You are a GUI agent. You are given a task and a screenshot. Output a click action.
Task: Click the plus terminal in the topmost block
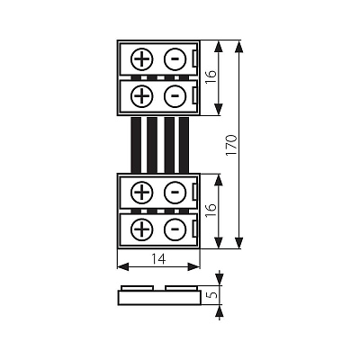(x=142, y=59)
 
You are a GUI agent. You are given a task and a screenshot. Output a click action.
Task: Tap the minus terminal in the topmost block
(x=175, y=59)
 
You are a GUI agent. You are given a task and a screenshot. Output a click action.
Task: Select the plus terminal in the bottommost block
(x=142, y=229)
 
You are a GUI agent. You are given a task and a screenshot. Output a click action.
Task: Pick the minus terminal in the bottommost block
(x=175, y=229)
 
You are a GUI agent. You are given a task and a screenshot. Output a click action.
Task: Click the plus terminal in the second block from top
(x=142, y=96)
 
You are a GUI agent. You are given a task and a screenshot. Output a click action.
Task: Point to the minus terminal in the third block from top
(x=175, y=193)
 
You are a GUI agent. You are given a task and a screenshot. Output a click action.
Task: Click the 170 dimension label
(x=231, y=145)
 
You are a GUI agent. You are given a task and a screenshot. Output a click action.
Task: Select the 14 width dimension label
(x=158, y=259)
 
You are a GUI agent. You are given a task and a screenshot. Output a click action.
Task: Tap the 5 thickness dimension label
(x=212, y=294)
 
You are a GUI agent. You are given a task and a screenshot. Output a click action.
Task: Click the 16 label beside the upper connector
(x=211, y=77)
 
